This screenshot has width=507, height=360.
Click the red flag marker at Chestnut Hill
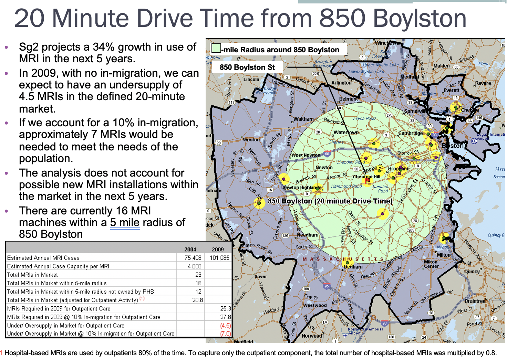pos(367,180)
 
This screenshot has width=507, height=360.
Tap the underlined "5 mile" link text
pos(125,223)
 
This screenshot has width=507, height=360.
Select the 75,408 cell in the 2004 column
pos(193,258)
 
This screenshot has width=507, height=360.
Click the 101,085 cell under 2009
pos(219,258)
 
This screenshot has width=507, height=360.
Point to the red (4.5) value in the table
pos(225,325)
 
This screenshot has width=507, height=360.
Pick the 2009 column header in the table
pos(218,249)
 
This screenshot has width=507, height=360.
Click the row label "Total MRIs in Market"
pos(32,275)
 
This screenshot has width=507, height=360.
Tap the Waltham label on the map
pos(303,119)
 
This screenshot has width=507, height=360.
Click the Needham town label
pos(308,235)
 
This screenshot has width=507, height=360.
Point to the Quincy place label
pos(472,272)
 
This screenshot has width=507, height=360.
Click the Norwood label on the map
pos(312,336)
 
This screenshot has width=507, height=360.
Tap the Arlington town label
pos(341,83)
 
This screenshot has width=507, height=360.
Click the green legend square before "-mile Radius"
pos(216,48)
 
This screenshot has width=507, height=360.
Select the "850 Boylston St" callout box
pos(247,67)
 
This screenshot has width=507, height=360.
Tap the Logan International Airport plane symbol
pos(474,141)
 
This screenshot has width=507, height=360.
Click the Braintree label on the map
pos(475,301)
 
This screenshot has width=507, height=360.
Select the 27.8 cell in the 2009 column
pos(226,317)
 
